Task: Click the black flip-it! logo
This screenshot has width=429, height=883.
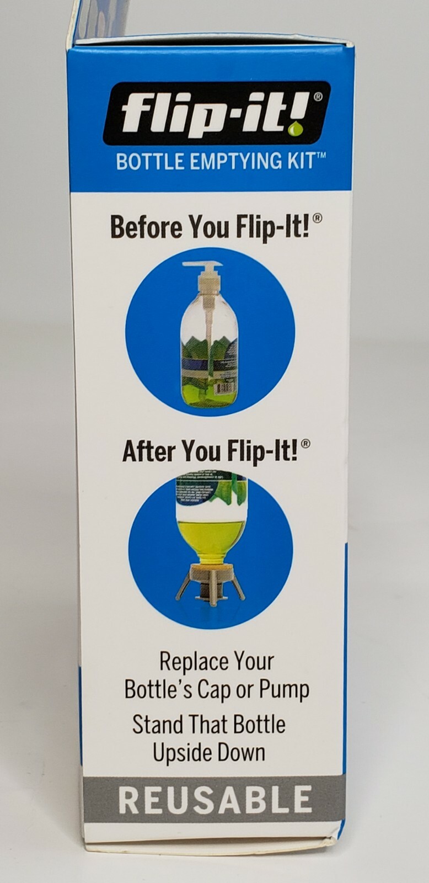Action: point(217,113)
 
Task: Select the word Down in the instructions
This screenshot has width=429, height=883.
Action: point(240,753)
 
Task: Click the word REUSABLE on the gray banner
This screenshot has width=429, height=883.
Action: point(215,800)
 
